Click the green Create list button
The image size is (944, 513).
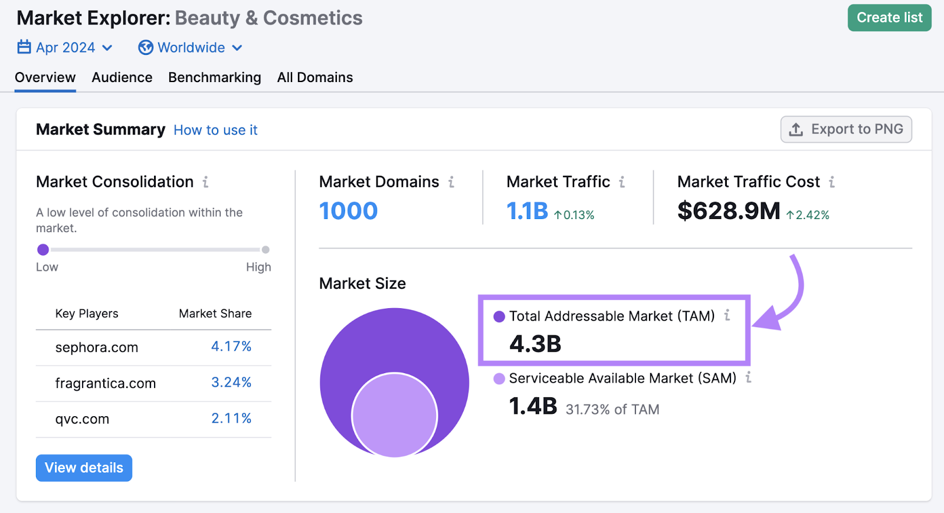(x=889, y=18)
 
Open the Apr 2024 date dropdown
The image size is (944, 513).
(x=65, y=47)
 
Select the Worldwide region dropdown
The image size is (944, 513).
(x=190, y=47)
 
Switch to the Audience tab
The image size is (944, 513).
(x=122, y=77)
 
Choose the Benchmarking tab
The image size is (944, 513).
(x=214, y=77)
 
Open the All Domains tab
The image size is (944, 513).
(x=315, y=77)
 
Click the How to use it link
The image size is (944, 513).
(x=215, y=130)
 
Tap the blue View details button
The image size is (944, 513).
(x=84, y=468)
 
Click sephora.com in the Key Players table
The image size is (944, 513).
(x=97, y=348)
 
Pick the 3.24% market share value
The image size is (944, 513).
(x=231, y=383)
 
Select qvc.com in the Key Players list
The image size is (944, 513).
(x=82, y=419)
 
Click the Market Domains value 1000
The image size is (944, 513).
(x=348, y=211)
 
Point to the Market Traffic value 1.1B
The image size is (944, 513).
(x=527, y=211)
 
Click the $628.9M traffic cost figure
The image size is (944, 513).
(x=729, y=211)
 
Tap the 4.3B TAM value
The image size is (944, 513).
(x=535, y=344)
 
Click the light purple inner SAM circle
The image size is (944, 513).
(x=394, y=415)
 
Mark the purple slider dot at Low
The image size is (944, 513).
(x=43, y=250)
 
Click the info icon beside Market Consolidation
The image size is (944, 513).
(x=205, y=182)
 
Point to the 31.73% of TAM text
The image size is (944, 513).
(x=612, y=409)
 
